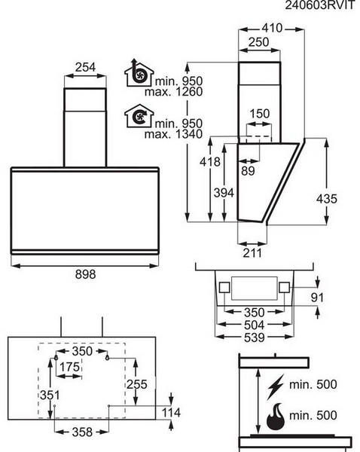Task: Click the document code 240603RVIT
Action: [x=319, y=5]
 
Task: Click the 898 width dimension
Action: [x=85, y=274]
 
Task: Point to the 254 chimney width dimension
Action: [x=85, y=67]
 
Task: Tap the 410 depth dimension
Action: [x=272, y=28]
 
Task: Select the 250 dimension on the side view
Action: [x=258, y=42]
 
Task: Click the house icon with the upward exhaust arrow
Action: [x=139, y=73]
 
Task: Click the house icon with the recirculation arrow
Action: [x=139, y=116]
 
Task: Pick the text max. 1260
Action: [x=173, y=92]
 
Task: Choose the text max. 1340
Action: [x=173, y=134]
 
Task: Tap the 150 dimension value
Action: [x=259, y=114]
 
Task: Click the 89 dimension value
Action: [x=248, y=171]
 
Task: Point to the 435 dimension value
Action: [x=326, y=199]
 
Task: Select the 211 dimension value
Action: [x=252, y=253]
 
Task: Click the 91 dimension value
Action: [x=317, y=298]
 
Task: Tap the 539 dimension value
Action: [x=254, y=337]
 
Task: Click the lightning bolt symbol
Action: [x=275, y=386]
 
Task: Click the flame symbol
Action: [x=276, y=417]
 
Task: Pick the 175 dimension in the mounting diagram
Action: [x=69, y=367]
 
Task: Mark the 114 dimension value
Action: [x=171, y=413]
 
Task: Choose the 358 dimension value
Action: [x=82, y=432]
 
